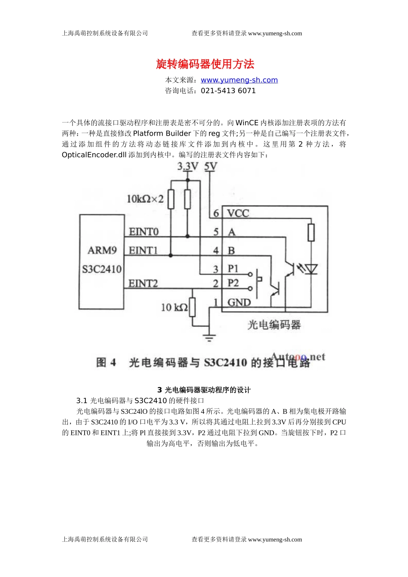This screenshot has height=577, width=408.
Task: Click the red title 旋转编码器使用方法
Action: click(205, 64)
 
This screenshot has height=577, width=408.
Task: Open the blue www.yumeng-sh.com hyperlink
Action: click(239, 80)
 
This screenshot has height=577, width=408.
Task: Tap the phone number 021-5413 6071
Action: click(228, 91)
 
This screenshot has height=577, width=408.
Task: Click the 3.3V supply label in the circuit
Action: click(188, 166)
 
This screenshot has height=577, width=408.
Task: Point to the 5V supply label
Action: click(210, 166)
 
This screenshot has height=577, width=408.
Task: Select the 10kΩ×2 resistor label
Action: click(145, 199)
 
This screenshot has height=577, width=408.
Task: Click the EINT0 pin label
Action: click(143, 232)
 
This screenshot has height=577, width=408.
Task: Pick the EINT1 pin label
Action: click(143, 250)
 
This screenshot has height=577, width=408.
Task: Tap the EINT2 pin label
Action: click(143, 283)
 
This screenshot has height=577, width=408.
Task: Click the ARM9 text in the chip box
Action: click(102, 250)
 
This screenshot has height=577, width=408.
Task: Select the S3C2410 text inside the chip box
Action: click(102, 269)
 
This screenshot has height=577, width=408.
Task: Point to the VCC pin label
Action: click(238, 213)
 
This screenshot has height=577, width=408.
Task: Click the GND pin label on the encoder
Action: click(239, 303)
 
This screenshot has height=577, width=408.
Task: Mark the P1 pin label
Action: click(233, 269)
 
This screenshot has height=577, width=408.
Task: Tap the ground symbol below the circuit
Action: click(209, 337)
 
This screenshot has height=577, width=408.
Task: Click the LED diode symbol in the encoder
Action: click(311, 269)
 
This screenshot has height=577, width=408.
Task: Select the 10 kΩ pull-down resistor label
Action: click(174, 307)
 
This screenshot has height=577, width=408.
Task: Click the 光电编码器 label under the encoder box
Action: click(274, 325)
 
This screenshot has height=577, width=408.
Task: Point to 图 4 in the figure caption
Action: click(106, 363)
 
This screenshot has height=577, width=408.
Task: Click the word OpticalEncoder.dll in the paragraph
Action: click(94, 155)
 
